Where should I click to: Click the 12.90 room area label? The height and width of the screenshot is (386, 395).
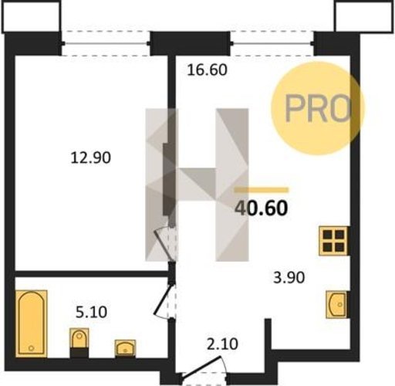coord(91,157)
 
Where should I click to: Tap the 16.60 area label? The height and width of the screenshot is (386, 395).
coord(207,69)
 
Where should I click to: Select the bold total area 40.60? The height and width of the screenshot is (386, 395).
coord(261,208)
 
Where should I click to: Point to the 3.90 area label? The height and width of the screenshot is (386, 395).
coord(289,278)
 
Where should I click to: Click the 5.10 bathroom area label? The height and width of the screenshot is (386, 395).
coord(91,312)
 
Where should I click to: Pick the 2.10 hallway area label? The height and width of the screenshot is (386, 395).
coord(222,344)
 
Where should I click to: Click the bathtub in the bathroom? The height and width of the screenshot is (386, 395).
coord(32,323)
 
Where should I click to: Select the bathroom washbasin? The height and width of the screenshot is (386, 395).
coord(125,348)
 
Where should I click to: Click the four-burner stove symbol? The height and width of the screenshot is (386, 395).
coord(334,241)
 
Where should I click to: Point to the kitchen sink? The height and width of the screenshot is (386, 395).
coord(336,304)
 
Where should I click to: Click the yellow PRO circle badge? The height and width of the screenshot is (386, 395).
coord(318,108)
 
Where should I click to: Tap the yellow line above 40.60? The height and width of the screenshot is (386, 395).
coord(262,190)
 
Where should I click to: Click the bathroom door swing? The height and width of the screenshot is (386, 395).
coord(164,301)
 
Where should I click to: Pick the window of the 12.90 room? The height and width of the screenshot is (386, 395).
coord(106,43)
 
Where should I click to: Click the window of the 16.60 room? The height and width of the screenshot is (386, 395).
coord(272,43)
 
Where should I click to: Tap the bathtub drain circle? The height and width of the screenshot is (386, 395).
coord(32,348)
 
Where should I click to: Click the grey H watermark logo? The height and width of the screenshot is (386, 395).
coord(197,185)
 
